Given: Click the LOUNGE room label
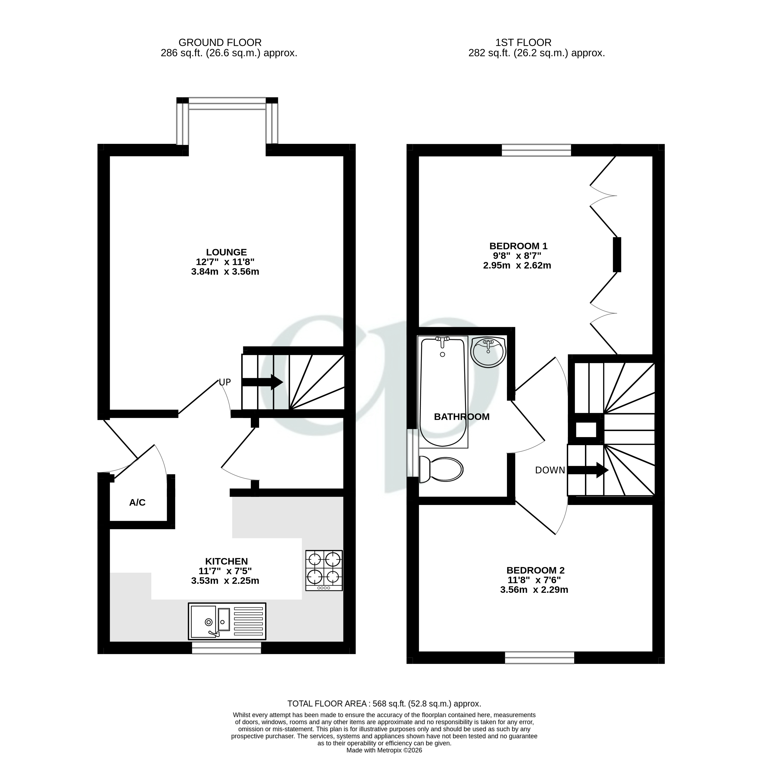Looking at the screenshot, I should [x=226, y=252].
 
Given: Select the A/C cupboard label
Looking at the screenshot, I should [x=137, y=502].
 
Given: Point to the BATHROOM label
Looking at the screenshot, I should [x=461, y=417].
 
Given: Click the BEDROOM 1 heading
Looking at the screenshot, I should [x=518, y=246].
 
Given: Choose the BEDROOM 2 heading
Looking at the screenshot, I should [x=535, y=570].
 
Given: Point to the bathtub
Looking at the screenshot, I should [x=443, y=392].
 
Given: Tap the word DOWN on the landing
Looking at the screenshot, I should [x=550, y=470].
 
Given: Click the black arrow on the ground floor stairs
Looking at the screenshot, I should [x=262, y=382].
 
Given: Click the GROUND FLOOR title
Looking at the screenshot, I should [x=220, y=43].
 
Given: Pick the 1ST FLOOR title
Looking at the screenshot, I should [x=523, y=43].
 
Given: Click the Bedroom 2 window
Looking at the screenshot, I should [x=539, y=658].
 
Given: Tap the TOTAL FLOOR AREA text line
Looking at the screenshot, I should [x=384, y=704].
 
